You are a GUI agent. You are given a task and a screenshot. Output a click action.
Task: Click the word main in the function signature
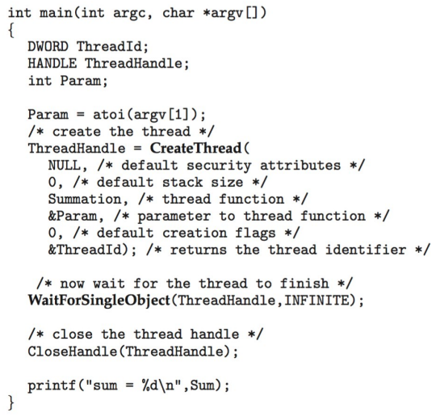coord(56,13)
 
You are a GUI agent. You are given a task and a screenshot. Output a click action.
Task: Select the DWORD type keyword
coord(48,47)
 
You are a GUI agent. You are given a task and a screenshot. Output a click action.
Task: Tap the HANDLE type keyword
coord(52,64)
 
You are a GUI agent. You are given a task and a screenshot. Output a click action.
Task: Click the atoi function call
coord(108,115)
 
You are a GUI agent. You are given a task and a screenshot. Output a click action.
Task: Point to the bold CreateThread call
coord(195,148)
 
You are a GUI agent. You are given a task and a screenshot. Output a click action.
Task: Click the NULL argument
coord(65,166)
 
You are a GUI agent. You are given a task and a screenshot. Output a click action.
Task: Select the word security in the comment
coord(219,166)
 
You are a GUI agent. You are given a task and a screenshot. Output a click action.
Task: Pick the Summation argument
coord(85,200)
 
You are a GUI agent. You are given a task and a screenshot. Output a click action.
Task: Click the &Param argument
coord(73,217)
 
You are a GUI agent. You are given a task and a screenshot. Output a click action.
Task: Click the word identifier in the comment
coord(366,250)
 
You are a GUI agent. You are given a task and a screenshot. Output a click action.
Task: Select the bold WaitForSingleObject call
coord(99,301)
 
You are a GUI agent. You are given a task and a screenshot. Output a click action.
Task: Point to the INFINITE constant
coord(317,301)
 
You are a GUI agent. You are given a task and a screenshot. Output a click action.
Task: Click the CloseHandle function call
coord(73,352)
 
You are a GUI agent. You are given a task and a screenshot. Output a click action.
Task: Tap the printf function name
coord(52,385)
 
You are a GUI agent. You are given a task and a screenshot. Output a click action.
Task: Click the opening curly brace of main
coord(11,30)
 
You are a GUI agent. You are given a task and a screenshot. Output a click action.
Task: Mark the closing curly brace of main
coord(11,402)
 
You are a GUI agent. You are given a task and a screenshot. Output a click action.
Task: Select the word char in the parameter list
coord(178,13)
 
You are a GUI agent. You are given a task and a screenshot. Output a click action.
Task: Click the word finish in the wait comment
coord(304,284)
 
